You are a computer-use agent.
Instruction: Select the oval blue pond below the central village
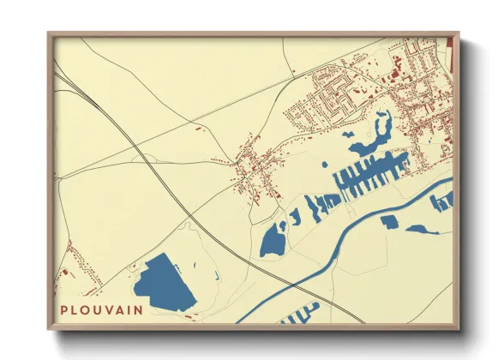point(273,240)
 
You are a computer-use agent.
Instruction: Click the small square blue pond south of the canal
point(389,222)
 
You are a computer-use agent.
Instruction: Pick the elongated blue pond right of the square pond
point(422,229)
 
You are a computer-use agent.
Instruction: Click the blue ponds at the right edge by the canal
point(441,201)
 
